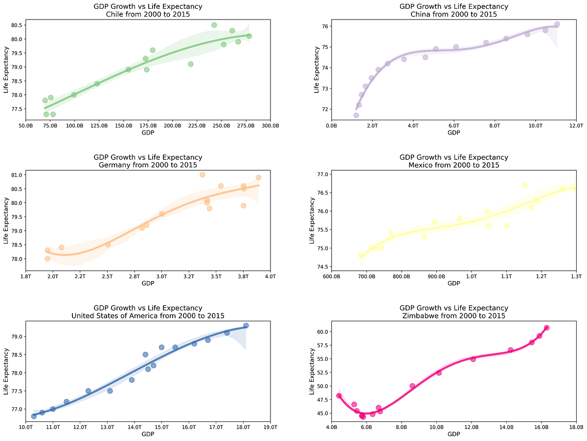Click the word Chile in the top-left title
(116, 14)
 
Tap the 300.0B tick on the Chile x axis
(270, 126)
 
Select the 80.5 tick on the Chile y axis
(15, 25)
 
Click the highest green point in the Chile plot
(214, 25)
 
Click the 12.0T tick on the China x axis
(576, 126)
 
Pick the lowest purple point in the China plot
(356, 115)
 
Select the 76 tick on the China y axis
(324, 26)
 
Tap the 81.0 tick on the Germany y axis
(15, 175)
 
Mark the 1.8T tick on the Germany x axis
(25, 277)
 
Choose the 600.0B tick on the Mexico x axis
(331, 277)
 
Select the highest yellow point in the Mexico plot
(524, 185)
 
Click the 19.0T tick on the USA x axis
(270, 428)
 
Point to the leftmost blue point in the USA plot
(34, 416)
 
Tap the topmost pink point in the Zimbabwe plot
(547, 328)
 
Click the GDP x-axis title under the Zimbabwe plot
(453, 434)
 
